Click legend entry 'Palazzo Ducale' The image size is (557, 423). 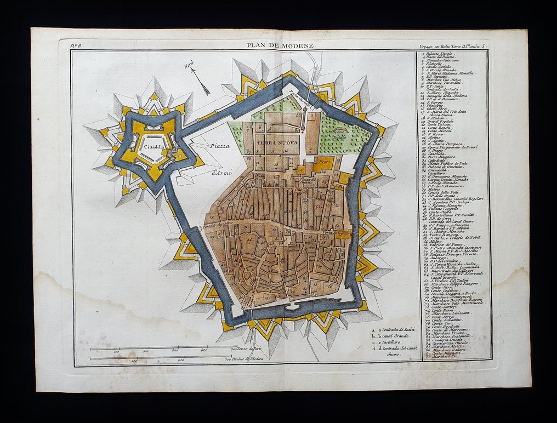(x=441, y=54)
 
